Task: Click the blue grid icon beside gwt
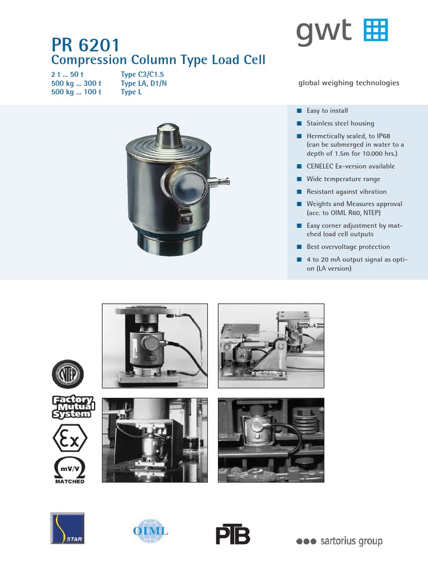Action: [376, 30]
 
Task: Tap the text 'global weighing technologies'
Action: [349, 83]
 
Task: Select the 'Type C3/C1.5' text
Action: [142, 75]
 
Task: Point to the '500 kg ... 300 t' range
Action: [76, 83]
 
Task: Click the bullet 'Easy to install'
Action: [327, 111]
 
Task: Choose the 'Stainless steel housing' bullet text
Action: [340, 124]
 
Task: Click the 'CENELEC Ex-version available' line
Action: [351, 166]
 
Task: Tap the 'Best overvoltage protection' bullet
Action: [348, 247]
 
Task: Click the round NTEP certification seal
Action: [67, 372]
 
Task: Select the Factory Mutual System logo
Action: [72, 407]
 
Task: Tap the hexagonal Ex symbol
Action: [69, 438]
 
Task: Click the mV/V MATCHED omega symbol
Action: [69, 469]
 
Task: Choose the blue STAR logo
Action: [67, 528]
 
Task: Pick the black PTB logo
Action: [233, 534]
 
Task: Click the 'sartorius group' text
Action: [339, 541]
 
